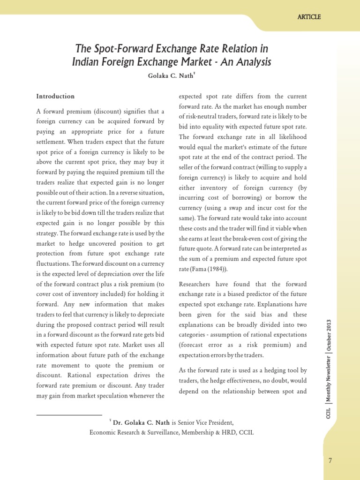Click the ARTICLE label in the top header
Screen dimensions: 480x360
(309, 17)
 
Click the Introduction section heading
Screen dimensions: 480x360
(55, 97)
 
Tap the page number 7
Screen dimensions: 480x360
(330, 461)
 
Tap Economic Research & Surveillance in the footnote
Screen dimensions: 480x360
(135, 433)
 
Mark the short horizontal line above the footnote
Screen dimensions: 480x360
(69, 415)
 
